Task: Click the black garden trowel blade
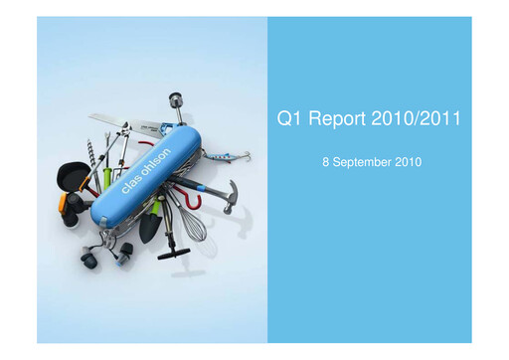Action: click(149, 229)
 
